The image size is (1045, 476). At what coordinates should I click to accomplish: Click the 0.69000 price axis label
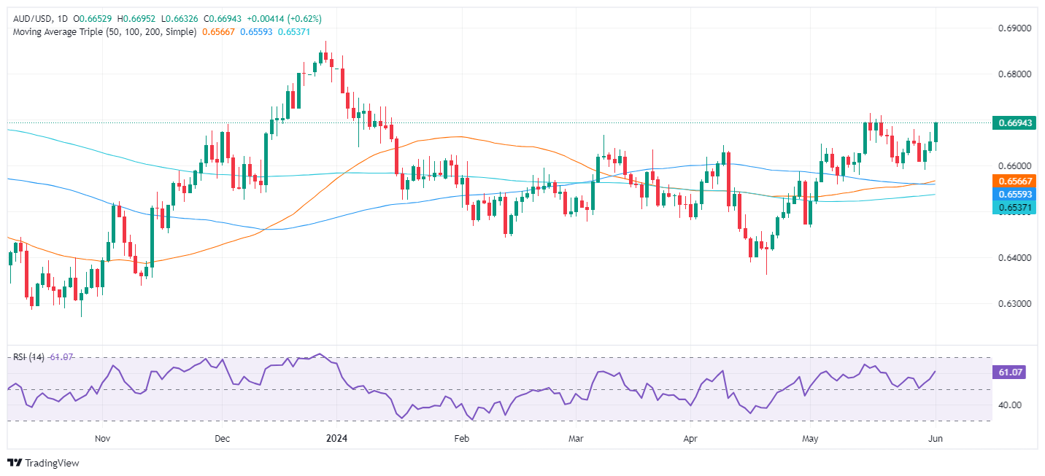point(1013,28)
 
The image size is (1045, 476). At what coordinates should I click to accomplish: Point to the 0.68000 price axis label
point(1013,74)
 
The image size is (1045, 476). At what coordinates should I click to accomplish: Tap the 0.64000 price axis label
point(1013,258)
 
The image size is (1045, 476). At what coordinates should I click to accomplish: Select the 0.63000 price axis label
point(1013,304)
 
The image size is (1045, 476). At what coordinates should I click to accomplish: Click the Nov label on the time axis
point(102,439)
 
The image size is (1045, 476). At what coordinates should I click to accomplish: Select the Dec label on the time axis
point(223,439)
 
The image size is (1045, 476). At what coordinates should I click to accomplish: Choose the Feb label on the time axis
point(460,439)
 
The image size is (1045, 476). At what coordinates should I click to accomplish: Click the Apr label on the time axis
point(690,439)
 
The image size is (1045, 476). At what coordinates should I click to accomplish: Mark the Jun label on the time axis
point(936,439)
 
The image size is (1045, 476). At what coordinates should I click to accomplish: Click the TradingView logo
point(43,463)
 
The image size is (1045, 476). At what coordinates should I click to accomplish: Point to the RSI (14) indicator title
point(28,357)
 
